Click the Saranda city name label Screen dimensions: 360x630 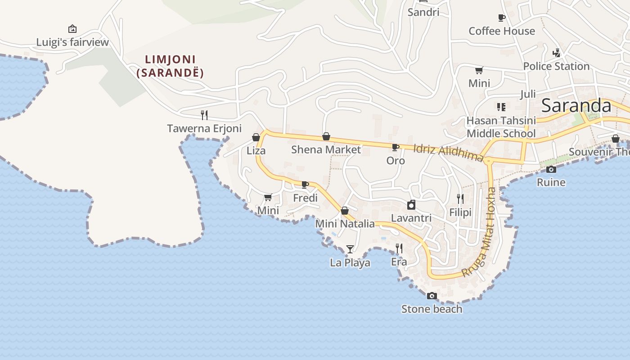click(x=576, y=106)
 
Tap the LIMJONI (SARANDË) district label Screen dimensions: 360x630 click(x=170, y=66)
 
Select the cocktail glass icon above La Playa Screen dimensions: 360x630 click(x=350, y=249)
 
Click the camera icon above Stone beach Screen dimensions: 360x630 click(x=432, y=296)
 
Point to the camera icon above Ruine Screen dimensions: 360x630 click(x=551, y=169)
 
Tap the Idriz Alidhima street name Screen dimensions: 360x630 click(x=448, y=152)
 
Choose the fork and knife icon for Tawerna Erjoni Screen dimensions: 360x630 click(x=204, y=115)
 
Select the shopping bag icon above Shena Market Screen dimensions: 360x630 click(x=326, y=136)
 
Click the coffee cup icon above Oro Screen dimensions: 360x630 click(x=395, y=147)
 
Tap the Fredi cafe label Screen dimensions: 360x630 click(x=305, y=198)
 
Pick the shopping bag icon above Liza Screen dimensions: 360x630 click(x=256, y=137)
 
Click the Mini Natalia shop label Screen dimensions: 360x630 click(x=345, y=224)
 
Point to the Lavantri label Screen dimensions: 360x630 click(x=411, y=218)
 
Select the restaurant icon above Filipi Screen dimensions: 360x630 click(x=460, y=198)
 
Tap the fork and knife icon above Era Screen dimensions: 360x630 click(x=398, y=248)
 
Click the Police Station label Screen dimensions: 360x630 click(x=556, y=66)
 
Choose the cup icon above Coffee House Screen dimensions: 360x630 click(x=501, y=18)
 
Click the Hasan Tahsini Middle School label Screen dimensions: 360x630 click(x=501, y=127)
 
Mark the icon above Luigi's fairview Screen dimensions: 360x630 click(x=72, y=29)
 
